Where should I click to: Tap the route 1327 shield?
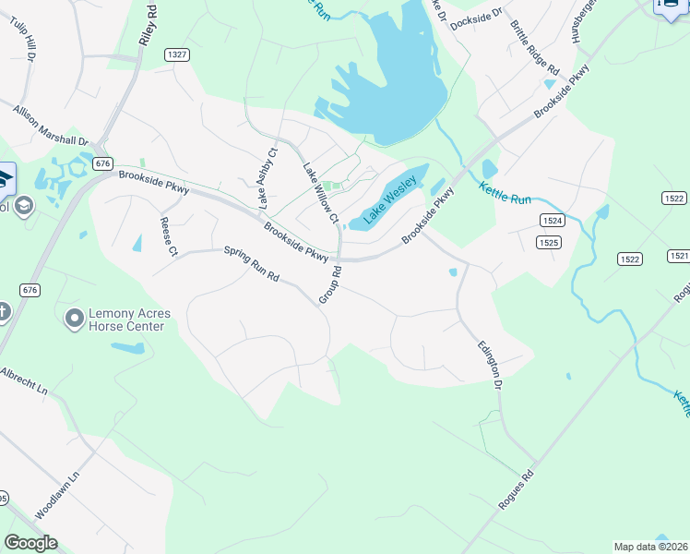pyautogui.click(x=177, y=55)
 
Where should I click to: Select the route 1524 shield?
pyautogui.click(x=553, y=221)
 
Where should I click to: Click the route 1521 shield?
pyautogui.click(x=679, y=255)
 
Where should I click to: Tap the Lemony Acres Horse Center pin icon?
pyautogui.click(x=74, y=319)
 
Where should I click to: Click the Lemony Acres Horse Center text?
pyautogui.click(x=126, y=319)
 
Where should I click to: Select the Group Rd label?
pyautogui.click(x=329, y=284)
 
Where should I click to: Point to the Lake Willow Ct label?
pyautogui.click(x=321, y=192)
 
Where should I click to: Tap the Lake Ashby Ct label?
pyautogui.click(x=268, y=176)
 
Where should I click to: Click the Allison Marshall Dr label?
pyautogui.click(x=50, y=126)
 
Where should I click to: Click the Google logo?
pyautogui.click(x=30, y=543)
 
